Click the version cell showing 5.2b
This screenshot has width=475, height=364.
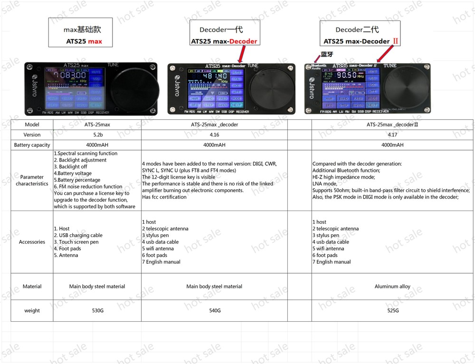97,134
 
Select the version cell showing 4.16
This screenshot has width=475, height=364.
214,134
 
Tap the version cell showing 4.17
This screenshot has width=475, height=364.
392,134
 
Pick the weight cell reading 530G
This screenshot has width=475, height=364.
97,310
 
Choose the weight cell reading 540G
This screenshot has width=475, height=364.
214,310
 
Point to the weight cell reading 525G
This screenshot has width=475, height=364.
392,310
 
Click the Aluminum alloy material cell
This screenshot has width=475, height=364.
392,287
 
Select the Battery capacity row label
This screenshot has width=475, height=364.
32,145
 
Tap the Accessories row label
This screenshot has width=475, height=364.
32,242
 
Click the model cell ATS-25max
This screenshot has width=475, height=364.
97,125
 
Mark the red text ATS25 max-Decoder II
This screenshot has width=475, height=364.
361,41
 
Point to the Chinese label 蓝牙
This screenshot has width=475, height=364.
327,55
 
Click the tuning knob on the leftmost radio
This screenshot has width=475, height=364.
134,88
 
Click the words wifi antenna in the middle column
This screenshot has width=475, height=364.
160,249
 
